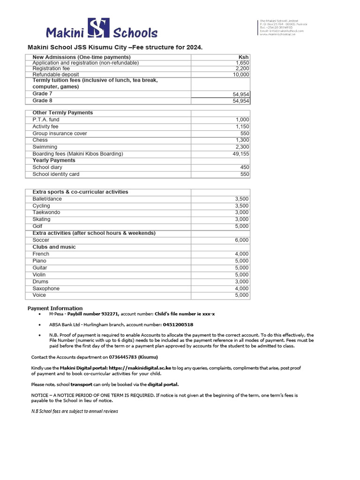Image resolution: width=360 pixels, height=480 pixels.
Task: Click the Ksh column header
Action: pos(244,57)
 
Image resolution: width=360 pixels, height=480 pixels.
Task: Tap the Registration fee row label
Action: pos(51,68)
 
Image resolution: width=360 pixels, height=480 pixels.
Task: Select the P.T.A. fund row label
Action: pos(46,120)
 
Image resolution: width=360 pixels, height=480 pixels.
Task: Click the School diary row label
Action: pos(47,167)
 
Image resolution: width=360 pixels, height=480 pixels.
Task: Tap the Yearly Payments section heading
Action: pos(54,160)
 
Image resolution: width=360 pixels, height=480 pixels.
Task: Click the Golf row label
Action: pos(37,226)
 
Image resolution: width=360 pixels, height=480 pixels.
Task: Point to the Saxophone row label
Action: pos(46,289)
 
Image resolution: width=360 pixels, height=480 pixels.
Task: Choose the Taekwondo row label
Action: pos(46,212)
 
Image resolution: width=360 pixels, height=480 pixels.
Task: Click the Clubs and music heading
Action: pos(54,247)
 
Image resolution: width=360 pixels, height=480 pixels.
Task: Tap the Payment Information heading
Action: pos(55,308)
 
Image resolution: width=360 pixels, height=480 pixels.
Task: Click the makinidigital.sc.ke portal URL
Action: pos(140,368)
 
